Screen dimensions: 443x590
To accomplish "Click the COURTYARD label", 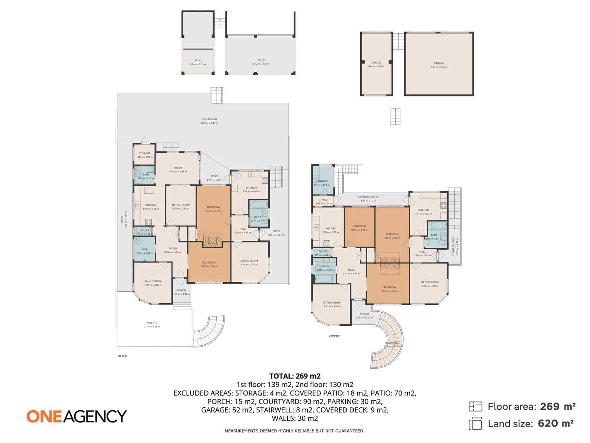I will pyautogui.click(x=209, y=119).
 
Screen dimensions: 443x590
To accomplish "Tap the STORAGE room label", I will pyautogui.click(x=145, y=153).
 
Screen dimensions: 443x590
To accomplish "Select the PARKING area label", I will pyautogui.click(x=152, y=323).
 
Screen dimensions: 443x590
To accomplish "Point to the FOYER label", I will pyautogui.click(x=173, y=249).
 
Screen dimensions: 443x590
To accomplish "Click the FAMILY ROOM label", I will pyautogui.click(x=153, y=281).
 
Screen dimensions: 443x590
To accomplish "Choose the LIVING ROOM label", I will pyautogui.click(x=249, y=261).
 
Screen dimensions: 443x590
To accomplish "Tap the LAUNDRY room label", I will pyautogui.click(x=322, y=181).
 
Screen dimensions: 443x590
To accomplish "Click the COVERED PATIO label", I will pyautogui.click(x=368, y=197).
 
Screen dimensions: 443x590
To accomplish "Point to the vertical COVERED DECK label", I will pyautogui.click(x=454, y=246).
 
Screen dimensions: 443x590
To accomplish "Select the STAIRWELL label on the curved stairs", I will pyautogui.click(x=392, y=343).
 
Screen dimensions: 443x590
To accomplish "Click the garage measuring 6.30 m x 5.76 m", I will pyautogui.click(x=439, y=64).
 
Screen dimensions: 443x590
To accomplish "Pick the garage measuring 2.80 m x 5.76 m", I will pyautogui.click(x=376, y=63).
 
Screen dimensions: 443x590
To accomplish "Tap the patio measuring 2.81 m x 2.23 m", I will pyautogui.click(x=198, y=61).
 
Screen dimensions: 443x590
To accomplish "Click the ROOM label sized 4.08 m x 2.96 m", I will pyautogui.click(x=178, y=168).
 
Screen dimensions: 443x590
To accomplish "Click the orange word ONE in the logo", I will pyautogui.click(x=44, y=416).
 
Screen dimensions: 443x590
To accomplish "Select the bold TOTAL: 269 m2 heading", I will pyautogui.click(x=295, y=376).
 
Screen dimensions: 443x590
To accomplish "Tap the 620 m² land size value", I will pyautogui.click(x=556, y=424).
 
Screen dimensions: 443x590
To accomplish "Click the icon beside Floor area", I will pyautogui.click(x=475, y=406).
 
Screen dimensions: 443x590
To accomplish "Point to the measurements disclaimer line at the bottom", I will pyautogui.click(x=294, y=431).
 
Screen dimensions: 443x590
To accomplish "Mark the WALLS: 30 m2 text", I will pyautogui.click(x=295, y=418).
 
